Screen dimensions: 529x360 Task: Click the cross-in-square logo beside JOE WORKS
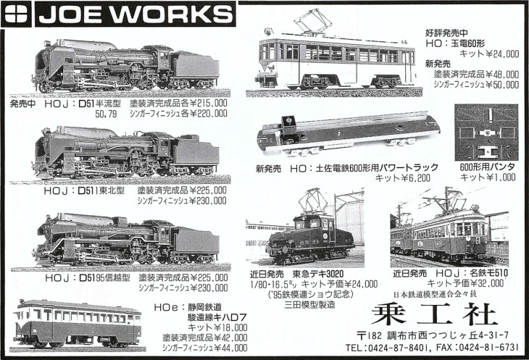(16, 14)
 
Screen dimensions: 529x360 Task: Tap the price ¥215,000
(209, 104)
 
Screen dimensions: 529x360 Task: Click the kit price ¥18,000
(229, 327)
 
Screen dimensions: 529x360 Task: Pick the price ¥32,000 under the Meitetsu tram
(487, 283)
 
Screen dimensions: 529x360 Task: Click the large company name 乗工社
(435, 314)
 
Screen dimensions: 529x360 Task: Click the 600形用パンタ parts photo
(486, 132)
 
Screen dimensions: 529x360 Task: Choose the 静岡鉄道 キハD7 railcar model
(78, 324)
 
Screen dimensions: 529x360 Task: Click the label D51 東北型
(84, 191)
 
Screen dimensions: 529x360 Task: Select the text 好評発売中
(446, 33)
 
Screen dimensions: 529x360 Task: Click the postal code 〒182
(369, 335)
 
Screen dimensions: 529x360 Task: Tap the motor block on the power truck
(288, 125)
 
